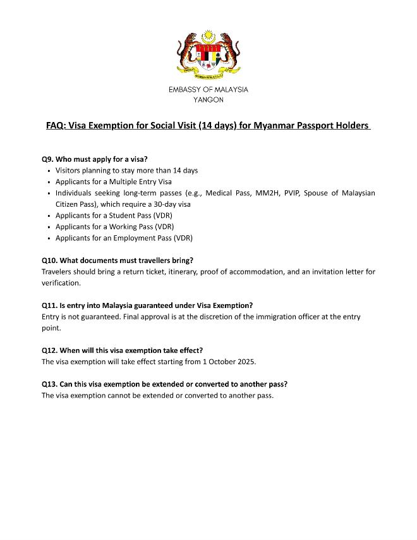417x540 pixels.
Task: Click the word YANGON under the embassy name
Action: click(x=208, y=100)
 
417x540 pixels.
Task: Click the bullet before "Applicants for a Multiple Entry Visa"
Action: click(x=49, y=182)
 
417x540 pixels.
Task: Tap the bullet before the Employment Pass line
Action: click(x=49, y=238)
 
